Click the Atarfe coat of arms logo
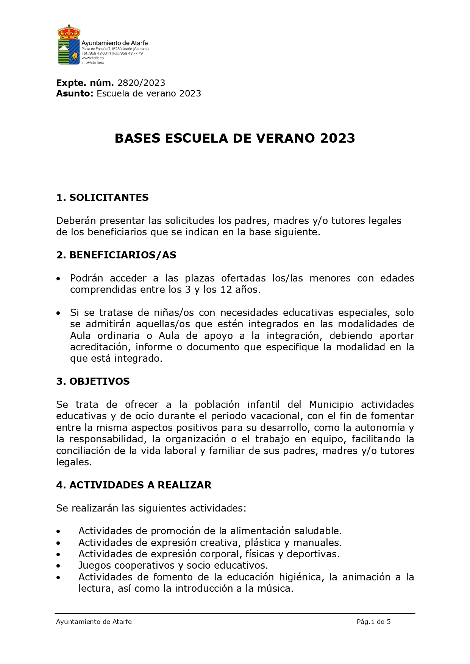pos(69,44)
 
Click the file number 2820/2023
pos(141,83)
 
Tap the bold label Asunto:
pos(75,93)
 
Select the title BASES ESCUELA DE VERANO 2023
pos(235,138)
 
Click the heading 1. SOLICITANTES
pos(102,197)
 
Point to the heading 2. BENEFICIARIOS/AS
pos(116,255)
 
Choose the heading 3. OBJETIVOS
pos(93,381)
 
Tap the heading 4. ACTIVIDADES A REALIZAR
pos(134,485)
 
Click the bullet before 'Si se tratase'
pos(58,313)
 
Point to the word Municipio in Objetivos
pos(331,404)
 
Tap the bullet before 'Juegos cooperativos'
pos(58,566)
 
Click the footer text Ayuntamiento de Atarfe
pos(94,622)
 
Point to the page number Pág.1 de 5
pos(373,622)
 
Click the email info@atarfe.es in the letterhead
pos(92,62)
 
